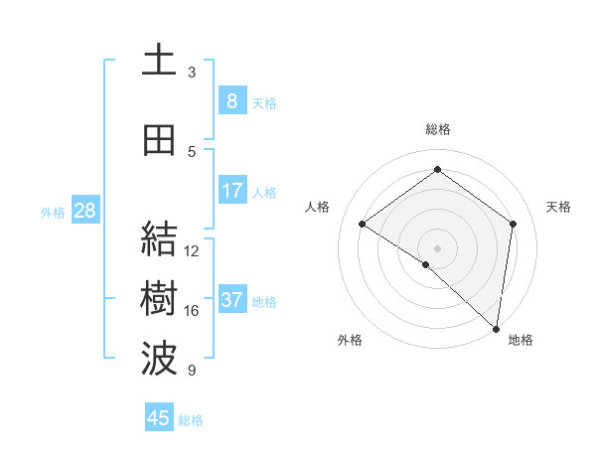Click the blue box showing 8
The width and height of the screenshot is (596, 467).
click(x=231, y=100)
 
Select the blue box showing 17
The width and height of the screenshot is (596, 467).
click(x=231, y=191)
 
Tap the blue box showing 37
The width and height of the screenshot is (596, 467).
click(x=231, y=300)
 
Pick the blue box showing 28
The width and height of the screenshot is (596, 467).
click(x=84, y=211)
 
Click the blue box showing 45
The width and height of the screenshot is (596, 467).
click(x=159, y=418)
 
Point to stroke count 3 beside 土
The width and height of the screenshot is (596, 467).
click(x=192, y=73)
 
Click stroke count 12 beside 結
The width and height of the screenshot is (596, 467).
click(x=192, y=251)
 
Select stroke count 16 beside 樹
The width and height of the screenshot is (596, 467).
click(x=192, y=311)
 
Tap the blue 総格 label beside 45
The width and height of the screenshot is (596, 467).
click(x=191, y=420)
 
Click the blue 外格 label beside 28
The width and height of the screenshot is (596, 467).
click(x=52, y=212)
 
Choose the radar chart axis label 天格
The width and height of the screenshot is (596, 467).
click(x=559, y=207)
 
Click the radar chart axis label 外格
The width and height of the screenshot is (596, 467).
click(x=350, y=340)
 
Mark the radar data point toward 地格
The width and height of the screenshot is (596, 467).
click(x=496, y=328)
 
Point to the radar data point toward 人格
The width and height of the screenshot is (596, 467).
click(x=363, y=225)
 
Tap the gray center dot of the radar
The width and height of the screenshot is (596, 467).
click(x=437, y=247)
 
